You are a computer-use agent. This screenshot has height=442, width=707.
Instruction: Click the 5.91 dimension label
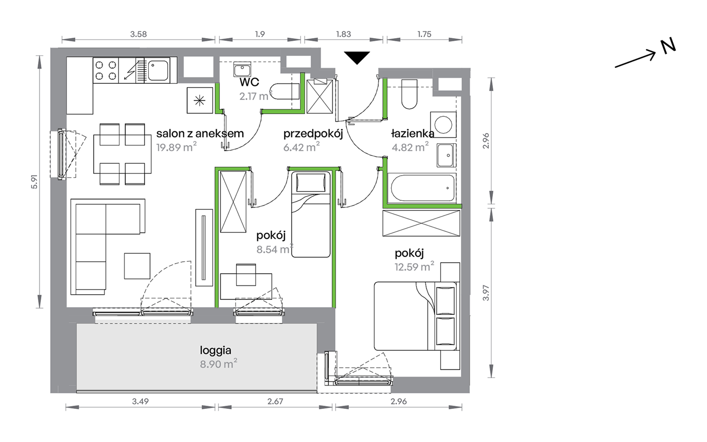tap(34, 182)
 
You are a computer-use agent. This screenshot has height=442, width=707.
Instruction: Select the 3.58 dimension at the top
tap(138, 34)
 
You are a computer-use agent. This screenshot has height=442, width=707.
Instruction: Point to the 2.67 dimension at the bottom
tap(275, 401)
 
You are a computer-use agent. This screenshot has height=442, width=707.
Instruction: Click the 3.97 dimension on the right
tap(486, 293)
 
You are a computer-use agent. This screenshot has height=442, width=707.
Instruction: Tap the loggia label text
tap(215, 350)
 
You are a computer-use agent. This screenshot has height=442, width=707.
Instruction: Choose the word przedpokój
tap(313, 134)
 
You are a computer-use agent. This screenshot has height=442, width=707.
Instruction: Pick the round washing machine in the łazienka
tap(443, 124)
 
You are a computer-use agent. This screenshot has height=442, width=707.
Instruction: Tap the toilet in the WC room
tap(285, 91)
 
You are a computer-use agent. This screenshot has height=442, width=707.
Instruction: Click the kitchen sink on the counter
tap(158, 70)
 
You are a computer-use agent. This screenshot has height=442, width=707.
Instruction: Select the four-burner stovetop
tap(106, 70)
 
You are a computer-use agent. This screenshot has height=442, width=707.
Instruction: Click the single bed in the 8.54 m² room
tap(311, 214)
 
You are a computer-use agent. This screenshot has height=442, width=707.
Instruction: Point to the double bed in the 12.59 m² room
tap(415, 316)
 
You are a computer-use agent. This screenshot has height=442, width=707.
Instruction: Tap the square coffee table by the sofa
tap(137, 266)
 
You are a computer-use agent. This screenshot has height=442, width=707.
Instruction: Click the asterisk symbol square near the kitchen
tap(200, 100)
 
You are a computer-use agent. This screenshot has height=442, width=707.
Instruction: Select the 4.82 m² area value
tap(410, 147)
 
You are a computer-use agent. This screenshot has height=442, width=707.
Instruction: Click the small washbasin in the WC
tap(242, 69)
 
